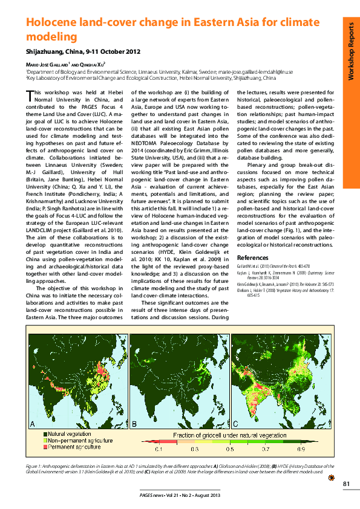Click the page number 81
click(x=346, y=483)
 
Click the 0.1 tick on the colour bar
click(x=159, y=450)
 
